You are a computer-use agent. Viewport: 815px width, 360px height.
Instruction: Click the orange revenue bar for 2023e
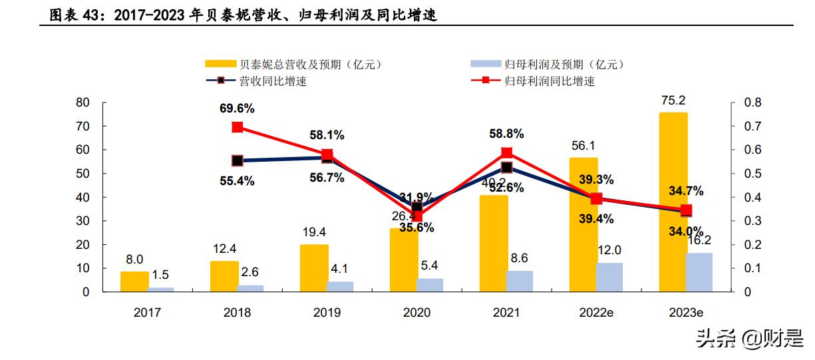673,202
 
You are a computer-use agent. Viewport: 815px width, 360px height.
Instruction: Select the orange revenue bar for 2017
134,281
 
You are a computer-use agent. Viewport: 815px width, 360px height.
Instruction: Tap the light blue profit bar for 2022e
609,277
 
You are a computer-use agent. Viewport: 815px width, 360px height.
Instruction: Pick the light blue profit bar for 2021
520,281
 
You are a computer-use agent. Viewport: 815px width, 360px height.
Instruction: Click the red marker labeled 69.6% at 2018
238,127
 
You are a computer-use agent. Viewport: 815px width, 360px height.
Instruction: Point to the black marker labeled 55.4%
238,161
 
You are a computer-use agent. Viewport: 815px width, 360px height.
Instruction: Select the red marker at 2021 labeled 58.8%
506,152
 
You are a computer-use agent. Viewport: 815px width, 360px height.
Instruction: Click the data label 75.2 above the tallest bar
673,100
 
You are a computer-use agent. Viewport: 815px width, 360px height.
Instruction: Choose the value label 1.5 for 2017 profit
160,275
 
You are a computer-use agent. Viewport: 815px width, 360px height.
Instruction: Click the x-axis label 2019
327,312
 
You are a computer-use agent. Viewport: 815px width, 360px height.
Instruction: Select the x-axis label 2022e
596,312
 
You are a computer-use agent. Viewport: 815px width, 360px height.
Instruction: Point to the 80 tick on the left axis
82,102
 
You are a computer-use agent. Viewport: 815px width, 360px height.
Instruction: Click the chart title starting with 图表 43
243,15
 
